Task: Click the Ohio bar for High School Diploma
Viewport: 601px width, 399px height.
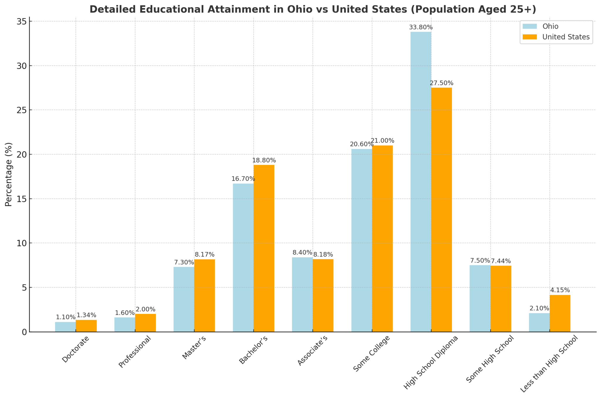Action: pos(421,182)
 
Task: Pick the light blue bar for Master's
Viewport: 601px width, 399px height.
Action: pos(184,299)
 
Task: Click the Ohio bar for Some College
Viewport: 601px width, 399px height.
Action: pos(362,240)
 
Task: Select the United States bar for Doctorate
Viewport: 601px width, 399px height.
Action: pos(86,326)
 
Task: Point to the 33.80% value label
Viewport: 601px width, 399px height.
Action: pos(421,27)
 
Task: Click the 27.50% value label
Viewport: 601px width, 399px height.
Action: pos(441,83)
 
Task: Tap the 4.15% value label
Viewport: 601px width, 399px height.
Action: pos(560,290)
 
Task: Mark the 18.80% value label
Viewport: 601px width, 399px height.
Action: pos(264,160)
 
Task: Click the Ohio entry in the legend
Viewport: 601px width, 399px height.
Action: pos(550,26)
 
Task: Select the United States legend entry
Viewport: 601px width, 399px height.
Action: pos(566,37)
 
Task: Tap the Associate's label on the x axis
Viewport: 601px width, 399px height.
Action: pos(312,350)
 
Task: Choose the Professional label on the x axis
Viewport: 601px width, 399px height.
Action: pos(135,351)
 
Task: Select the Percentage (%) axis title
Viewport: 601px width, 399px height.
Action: pos(9,174)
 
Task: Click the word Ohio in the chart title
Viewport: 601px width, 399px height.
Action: pos(297,9)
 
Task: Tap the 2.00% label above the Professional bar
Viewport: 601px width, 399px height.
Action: pos(145,309)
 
